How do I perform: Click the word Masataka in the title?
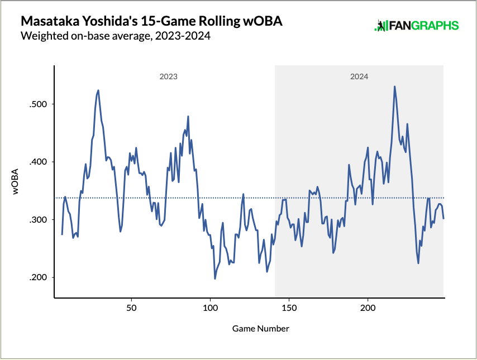[x=46, y=22]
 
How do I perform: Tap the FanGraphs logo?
[x=416, y=26]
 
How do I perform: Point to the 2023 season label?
[x=168, y=76]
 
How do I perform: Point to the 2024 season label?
[x=359, y=76]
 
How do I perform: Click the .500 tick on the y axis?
[x=37, y=104]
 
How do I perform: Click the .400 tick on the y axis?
[x=37, y=162]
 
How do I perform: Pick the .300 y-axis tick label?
[x=37, y=220]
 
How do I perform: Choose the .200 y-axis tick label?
[x=37, y=277]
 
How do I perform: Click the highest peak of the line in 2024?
[x=395, y=87]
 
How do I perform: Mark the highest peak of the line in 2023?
[x=98, y=90]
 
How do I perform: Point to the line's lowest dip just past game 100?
[x=215, y=279]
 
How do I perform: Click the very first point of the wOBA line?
[x=62, y=234]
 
